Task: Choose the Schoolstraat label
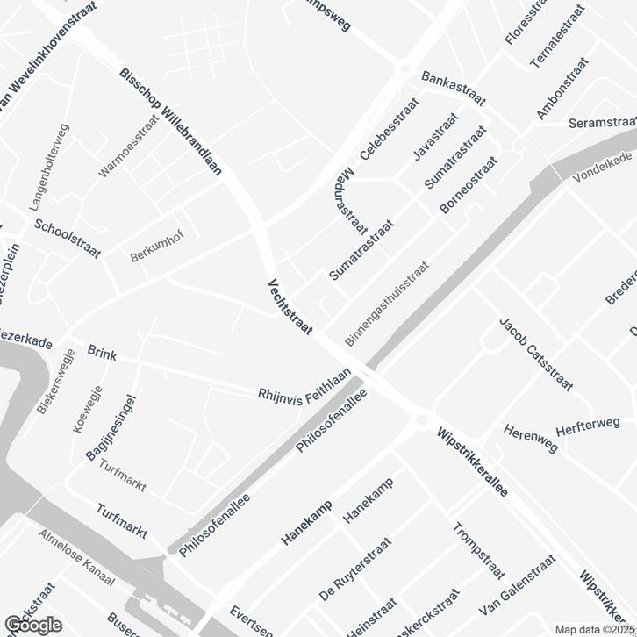point(68,238)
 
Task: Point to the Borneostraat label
point(468,185)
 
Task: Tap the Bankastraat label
point(453,88)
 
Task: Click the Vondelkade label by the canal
point(603,167)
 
